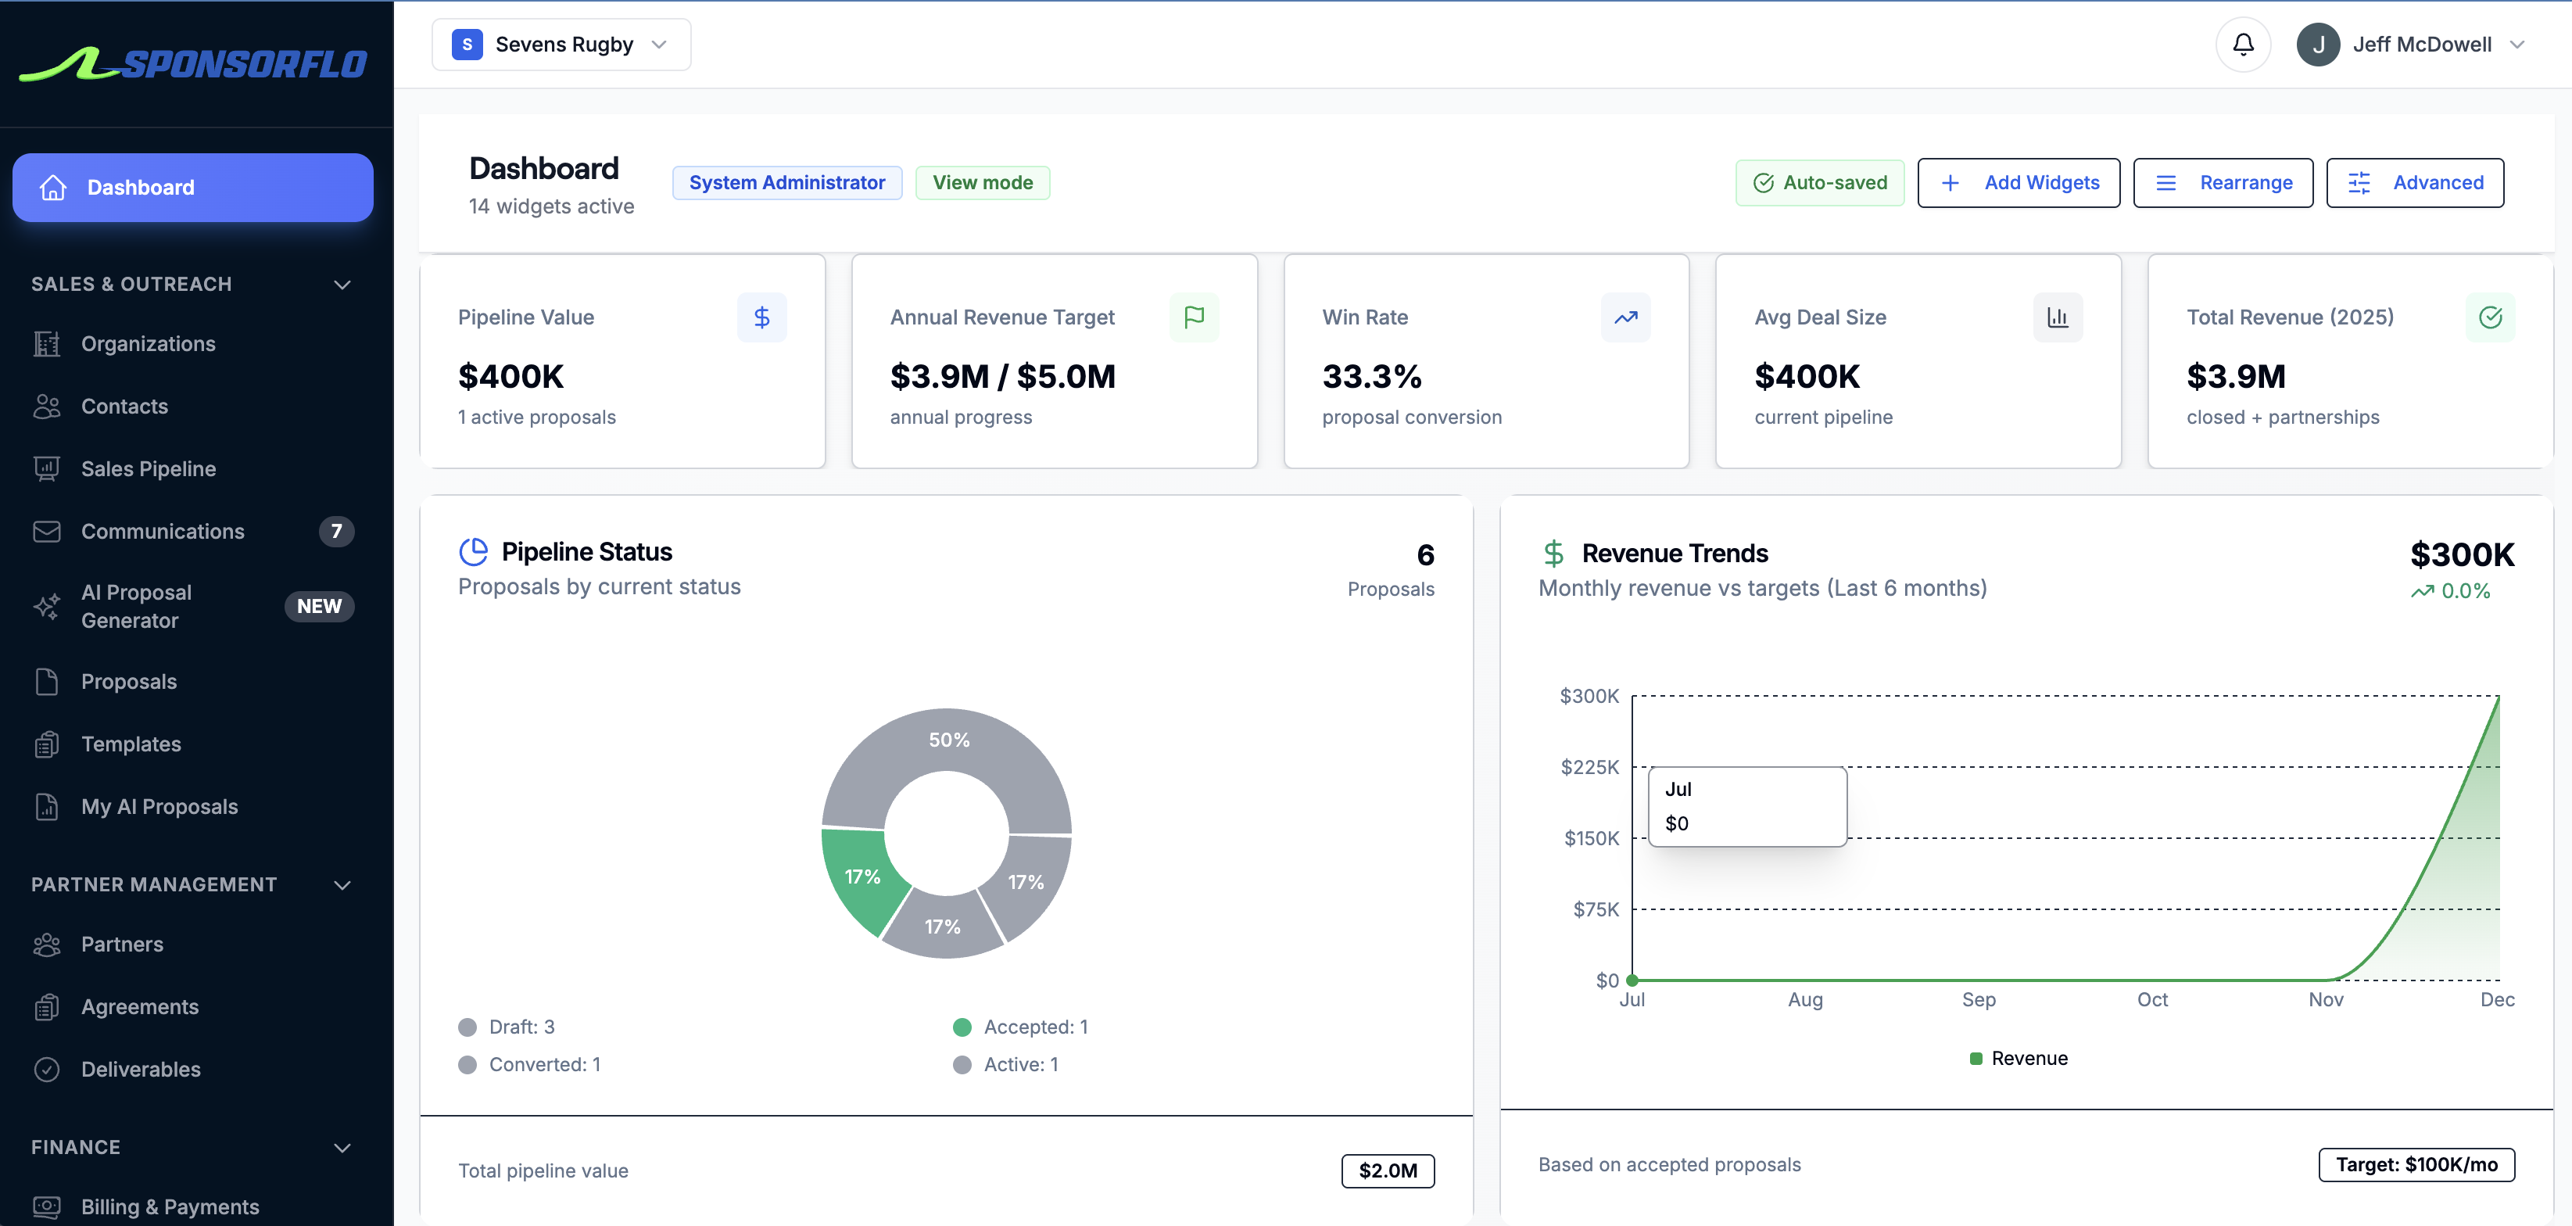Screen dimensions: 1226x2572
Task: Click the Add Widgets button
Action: tap(2018, 183)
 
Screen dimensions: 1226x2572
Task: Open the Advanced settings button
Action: tap(2414, 183)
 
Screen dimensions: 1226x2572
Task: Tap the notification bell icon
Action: tap(2243, 45)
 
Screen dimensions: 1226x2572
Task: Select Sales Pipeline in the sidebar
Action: tap(148, 469)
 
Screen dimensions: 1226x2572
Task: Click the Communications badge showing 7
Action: tap(336, 531)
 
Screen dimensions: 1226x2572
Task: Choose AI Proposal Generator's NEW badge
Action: tap(318, 606)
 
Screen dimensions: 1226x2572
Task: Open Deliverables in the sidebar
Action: tap(141, 1070)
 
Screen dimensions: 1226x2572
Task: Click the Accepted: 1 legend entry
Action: tap(1034, 1027)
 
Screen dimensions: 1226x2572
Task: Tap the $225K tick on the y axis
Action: tap(1589, 767)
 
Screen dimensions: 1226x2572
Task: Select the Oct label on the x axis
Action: tap(2151, 999)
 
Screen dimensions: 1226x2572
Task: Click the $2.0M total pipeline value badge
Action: tap(1387, 1170)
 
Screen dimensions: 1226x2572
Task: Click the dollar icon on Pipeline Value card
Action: tap(761, 317)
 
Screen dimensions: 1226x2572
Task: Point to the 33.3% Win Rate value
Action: tap(1371, 376)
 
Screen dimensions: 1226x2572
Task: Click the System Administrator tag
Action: tap(786, 183)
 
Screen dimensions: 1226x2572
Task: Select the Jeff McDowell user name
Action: tap(2421, 45)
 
